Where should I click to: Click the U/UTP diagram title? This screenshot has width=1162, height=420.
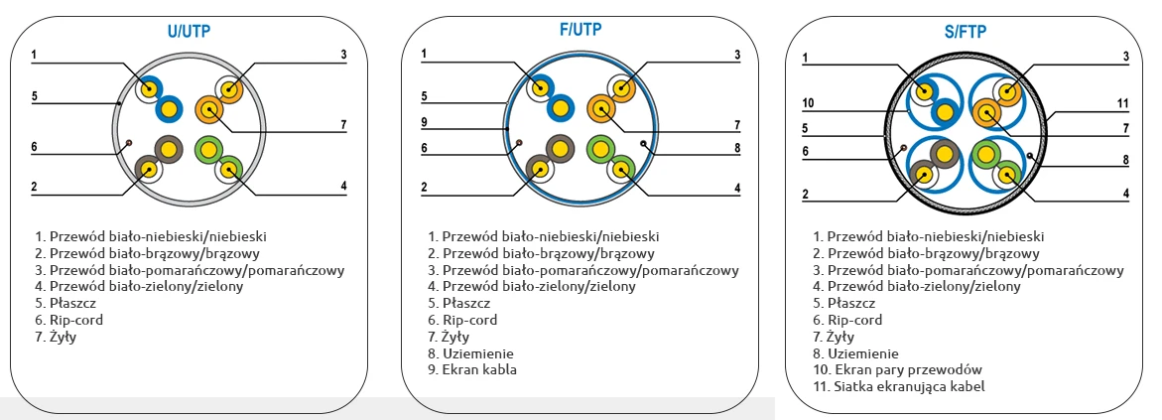[189, 32]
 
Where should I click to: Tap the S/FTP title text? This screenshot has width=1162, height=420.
[965, 33]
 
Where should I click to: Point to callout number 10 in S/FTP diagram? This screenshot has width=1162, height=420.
[808, 102]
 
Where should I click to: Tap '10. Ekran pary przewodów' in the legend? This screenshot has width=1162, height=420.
[897, 369]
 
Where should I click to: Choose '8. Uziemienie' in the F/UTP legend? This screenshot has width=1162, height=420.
[471, 353]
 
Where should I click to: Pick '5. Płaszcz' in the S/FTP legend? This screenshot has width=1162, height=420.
[843, 303]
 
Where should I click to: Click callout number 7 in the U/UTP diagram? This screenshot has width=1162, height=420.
[343, 125]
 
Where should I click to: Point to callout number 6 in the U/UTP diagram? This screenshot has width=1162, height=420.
[34, 147]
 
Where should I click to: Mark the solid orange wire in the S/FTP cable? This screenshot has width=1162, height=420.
[987, 111]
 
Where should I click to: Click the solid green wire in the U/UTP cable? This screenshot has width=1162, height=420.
[209, 149]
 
